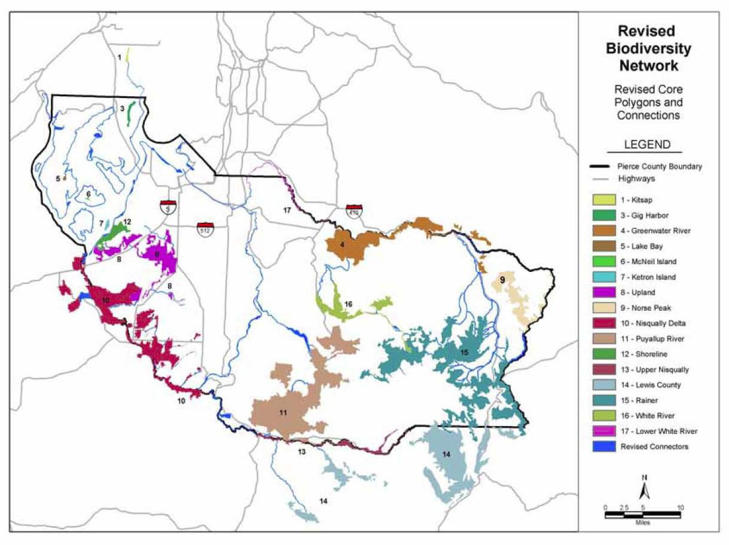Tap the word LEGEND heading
(647, 145)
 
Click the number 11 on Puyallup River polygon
(282, 412)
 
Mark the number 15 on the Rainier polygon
(464, 353)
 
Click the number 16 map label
(349, 304)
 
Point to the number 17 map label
(286, 210)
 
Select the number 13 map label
(302, 452)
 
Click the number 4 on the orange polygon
(343, 244)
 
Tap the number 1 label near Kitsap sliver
(120, 57)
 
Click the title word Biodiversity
(654, 48)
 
